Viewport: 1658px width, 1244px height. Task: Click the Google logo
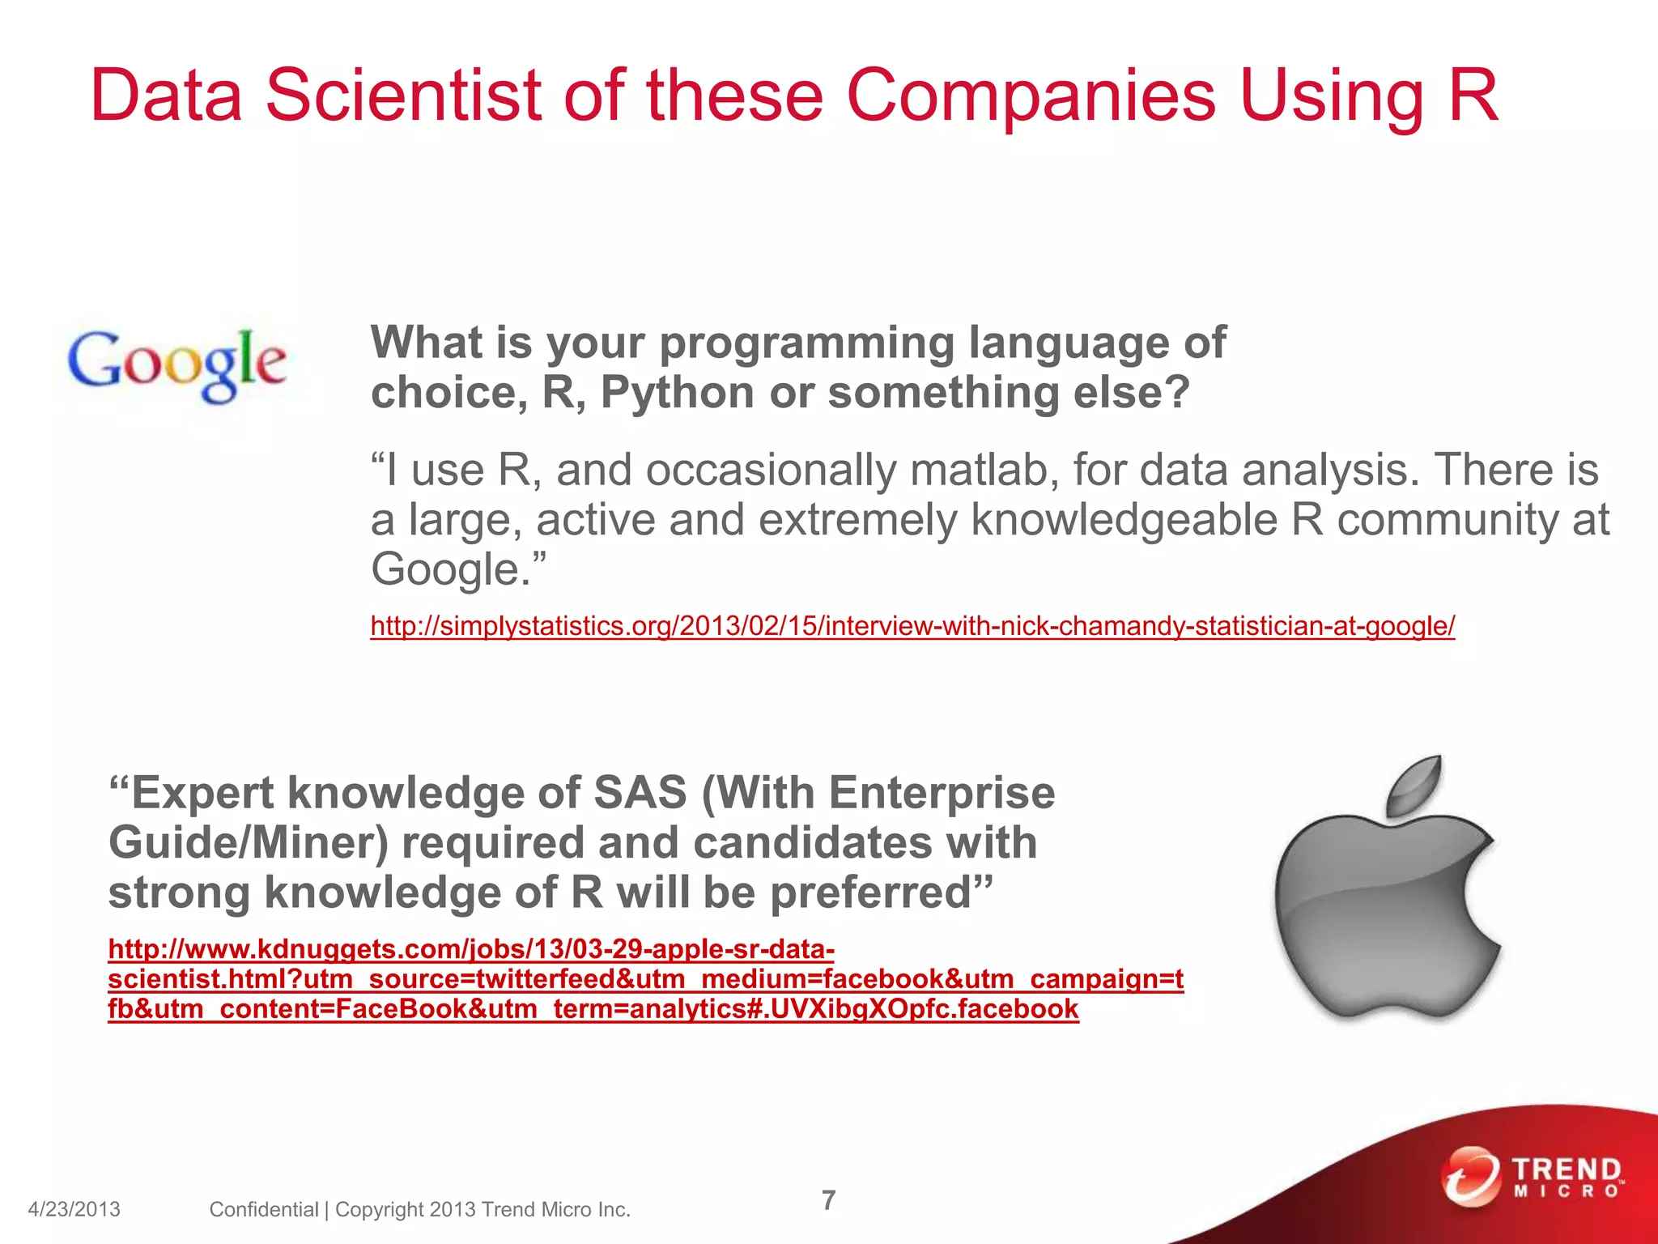(x=176, y=364)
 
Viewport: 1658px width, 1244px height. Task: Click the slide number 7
(x=828, y=1199)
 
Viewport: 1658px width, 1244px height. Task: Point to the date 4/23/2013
(x=74, y=1209)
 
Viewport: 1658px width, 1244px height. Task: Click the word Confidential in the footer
(x=263, y=1209)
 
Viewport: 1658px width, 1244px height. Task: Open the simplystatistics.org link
(x=912, y=626)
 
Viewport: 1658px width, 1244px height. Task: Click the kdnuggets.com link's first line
(x=470, y=948)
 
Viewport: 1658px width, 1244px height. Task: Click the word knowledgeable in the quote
(x=1123, y=520)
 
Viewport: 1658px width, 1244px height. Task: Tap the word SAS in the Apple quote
(x=640, y=792)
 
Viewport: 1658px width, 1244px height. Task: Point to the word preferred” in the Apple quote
(x=881, y=893)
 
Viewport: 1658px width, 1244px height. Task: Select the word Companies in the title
(x=1031, y=96)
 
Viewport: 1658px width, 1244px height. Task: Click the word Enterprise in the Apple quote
(x=942, y=792)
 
